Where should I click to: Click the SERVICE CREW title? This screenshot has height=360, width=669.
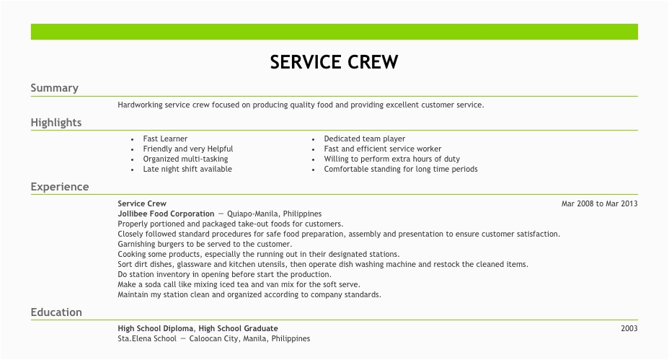click(334, 62)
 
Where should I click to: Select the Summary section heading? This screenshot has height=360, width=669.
click(54, 88)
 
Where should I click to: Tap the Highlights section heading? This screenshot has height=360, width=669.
click(56, 123)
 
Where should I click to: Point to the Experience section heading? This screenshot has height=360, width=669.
click(59, 187)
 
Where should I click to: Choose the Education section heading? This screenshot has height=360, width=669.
click(56, 312)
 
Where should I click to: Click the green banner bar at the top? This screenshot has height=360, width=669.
click(334, 32)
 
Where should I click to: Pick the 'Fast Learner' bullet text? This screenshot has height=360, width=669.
click(165, 139)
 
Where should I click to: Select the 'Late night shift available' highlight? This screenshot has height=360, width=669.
click(187, 169)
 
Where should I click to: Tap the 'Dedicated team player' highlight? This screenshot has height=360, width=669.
click(364, 139)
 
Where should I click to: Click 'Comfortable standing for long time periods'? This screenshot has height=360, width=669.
click(400, 169)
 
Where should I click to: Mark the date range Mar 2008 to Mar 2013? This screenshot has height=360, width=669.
click(599, 203)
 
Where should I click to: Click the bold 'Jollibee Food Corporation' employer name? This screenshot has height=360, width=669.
click(166, 214)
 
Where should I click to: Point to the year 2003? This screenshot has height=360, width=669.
click(629, 328)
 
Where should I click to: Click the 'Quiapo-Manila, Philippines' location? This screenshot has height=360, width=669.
click(274, 214)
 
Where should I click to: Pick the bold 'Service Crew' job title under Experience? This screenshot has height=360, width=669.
click(142, 203)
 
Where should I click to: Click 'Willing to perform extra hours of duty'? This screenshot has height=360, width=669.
click(391, 159)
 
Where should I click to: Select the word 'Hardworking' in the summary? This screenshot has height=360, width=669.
click(140, 105)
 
